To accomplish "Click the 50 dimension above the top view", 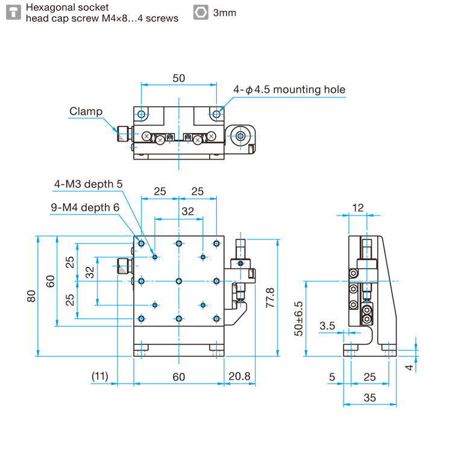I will click(x=178, y=78).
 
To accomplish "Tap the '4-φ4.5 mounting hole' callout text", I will click(x=290, y=90).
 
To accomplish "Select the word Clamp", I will click(x=86, y=111).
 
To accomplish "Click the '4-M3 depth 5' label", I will click(x=88, y=184).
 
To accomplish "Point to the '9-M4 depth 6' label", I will click(x=85, y=207).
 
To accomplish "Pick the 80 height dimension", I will click(x=31, y=295).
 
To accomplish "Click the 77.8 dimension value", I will click(x=270, y=297).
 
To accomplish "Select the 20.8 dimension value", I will click(x=239, y=377).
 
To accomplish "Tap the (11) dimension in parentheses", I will click(x=99, y=377).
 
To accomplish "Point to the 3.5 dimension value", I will click(x=327, y=325).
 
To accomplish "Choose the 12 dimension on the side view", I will click(x=358, y=207).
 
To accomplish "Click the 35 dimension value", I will click(x=369, y=397).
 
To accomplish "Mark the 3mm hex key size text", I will click(x=224, y=13).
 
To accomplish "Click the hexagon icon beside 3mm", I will click(x=201, y=13).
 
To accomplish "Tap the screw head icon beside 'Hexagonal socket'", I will click(x=13, y=13).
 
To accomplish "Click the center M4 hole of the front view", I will click(x=179, y=281).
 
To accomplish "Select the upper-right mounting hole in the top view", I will click(x=216, y=114).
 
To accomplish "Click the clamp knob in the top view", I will click(x=124, y=134).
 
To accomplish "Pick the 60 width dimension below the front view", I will click(x=178, y=377).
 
